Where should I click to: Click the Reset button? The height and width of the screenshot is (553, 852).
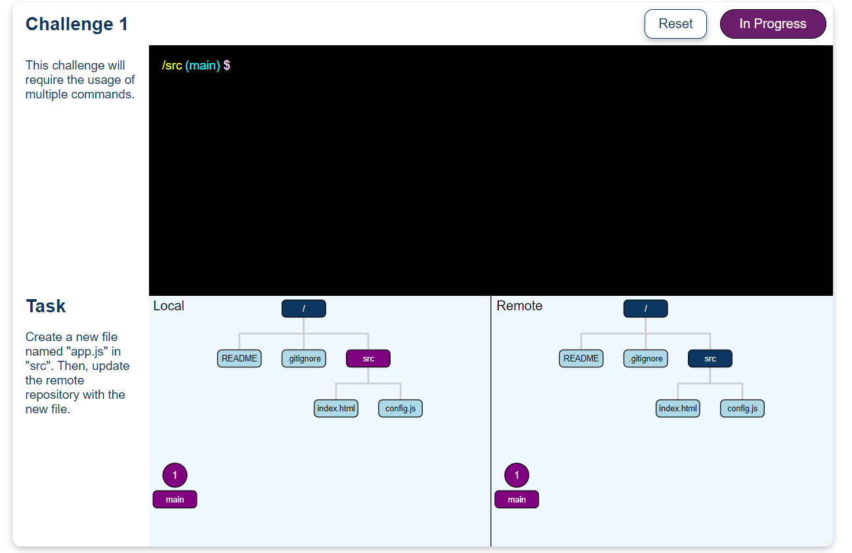click(x=675, y=24)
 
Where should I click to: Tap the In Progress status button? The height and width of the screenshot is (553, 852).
click(x=773, y=24)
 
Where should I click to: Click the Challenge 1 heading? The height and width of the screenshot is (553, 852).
click(x=77, y=24)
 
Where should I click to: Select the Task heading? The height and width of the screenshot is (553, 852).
click(x=46, y=306)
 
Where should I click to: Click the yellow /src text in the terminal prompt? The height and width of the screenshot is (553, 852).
click(x=172, y=66)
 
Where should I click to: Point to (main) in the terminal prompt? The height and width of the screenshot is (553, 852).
click(x=203, y=66)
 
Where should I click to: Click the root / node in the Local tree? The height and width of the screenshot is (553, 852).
click(x=303, y=308)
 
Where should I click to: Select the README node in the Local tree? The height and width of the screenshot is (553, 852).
click(x=239, y=359)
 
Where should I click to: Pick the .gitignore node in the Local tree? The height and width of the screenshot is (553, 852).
click(x=303, y=359)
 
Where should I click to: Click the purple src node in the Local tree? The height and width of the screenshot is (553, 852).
click(x=368, y=359)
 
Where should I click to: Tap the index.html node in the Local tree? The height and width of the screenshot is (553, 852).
click(x=335, y=409)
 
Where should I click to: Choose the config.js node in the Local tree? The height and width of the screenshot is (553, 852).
click(x=400, y=409)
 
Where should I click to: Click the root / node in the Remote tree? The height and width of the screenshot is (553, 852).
click(x=645, y=308)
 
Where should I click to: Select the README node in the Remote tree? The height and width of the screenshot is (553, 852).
click(x=581, y=359)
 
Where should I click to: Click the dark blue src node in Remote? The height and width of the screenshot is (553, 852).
click(x=710, y=359)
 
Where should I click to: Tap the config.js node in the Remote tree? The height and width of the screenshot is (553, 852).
click(x=742, y=409)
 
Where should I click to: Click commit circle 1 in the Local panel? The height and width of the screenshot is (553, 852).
click(x=175, y=475)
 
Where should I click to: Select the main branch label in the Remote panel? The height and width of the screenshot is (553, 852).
click(x=517, y=500)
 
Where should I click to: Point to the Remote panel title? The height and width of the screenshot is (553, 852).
click(x=519, y=306)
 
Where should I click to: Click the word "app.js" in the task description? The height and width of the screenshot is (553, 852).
click(x=89, y=352)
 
